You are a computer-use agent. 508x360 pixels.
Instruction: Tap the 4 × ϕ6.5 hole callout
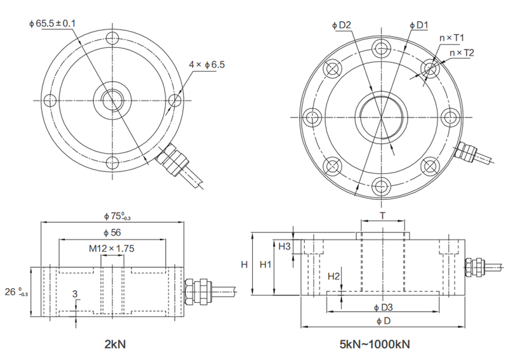click(207, 64)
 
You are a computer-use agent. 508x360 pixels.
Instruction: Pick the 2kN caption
click(115, 345)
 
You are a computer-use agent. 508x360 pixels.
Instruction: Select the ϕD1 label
click(420, 25)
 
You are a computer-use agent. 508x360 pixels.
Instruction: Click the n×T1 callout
click(453, 37)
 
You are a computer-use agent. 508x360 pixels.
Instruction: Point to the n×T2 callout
click(462, 53)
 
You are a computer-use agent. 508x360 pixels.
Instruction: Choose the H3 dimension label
click(284, 246)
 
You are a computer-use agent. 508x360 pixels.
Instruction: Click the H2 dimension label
click(334, 276)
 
